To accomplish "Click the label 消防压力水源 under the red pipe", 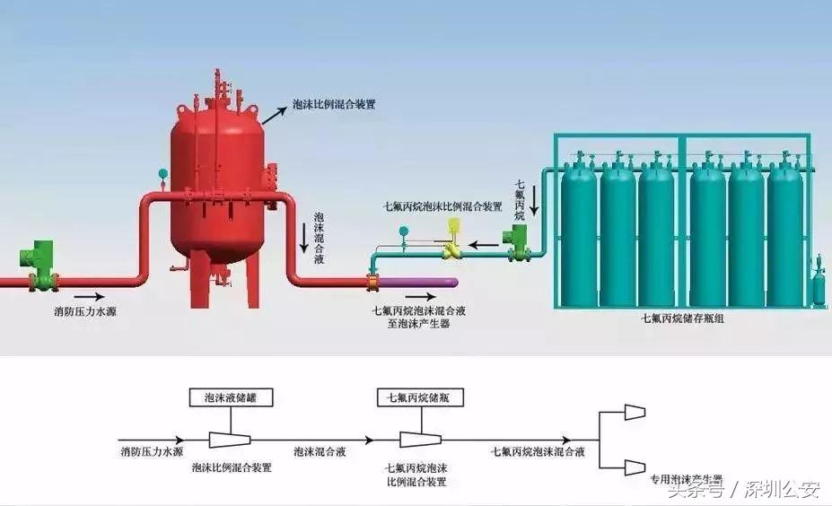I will pos(85,312).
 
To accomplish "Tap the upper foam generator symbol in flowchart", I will pos(635,412).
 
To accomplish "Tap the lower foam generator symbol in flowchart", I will pos(635,467).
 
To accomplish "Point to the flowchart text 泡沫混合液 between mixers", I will pos(319,452).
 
